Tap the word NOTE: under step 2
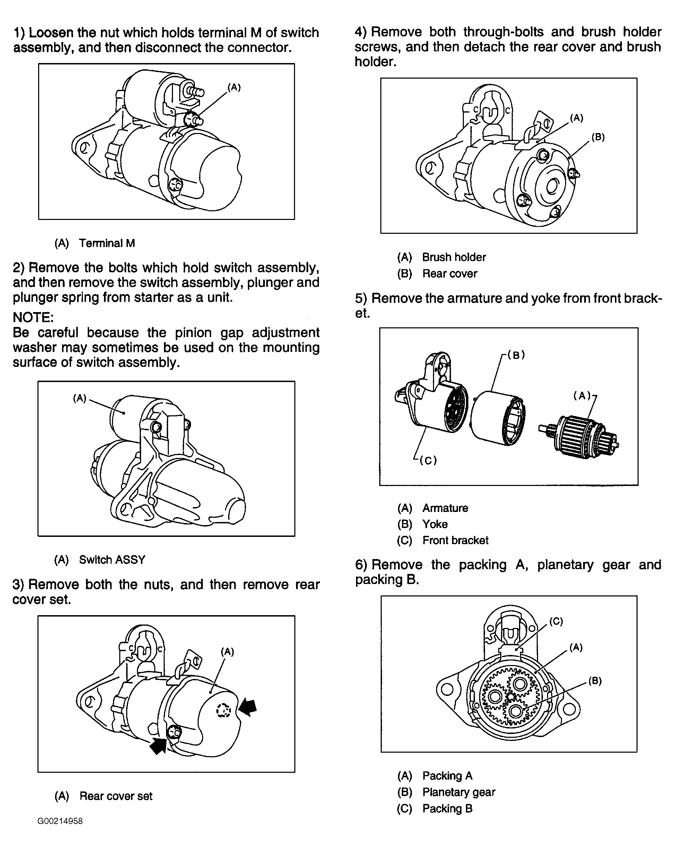click(x=33, y=317)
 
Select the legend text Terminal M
click(x=107, y=243)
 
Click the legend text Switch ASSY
click(x=112, y=559)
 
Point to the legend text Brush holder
click(x=454, y=257)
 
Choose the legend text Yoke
click(x=435, y=524)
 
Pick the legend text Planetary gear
click(x=458, y=792)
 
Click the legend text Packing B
click(x=447, y=808)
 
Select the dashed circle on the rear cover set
click(x=223, y=710)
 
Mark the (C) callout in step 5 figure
click(x=428, y=460)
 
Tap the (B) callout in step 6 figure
click(x=595, y=681)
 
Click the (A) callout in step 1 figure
click(x=234, y=88)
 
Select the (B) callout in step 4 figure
click(x=598, y=137)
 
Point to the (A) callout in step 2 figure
click(x=80, y=398)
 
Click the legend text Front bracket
click(x=455, y=540)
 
